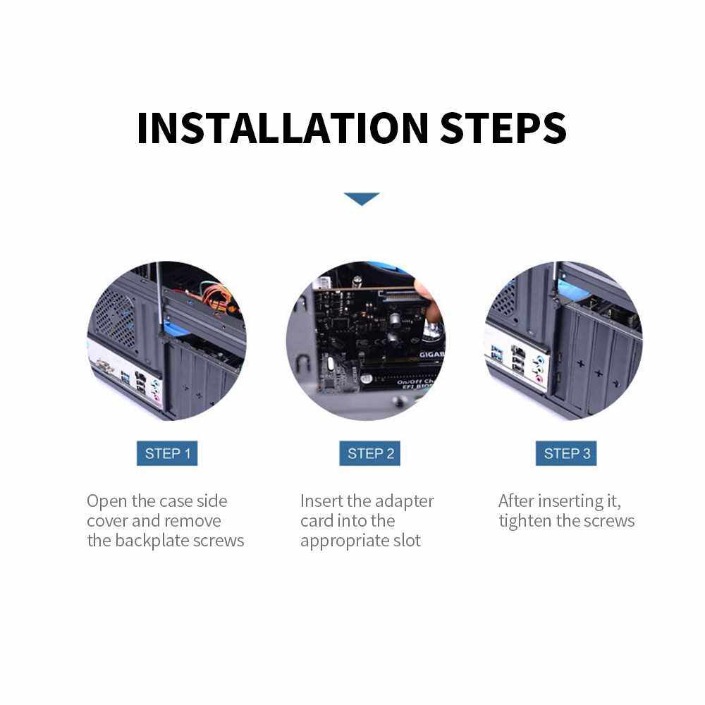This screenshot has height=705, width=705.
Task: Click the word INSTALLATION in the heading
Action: [283, 128]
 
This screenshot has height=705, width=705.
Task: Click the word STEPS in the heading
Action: [503, 128]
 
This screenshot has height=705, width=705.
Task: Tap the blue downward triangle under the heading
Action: [362, 198]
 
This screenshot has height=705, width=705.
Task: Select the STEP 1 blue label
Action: [167, 453]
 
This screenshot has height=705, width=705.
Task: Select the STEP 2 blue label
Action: [369, 453]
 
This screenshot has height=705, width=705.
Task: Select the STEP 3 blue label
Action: [566, 453]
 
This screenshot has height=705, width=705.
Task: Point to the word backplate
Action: [152, 541]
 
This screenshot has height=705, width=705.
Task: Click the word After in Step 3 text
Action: [516, 501]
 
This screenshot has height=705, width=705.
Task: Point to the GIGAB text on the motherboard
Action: [431, 355]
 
